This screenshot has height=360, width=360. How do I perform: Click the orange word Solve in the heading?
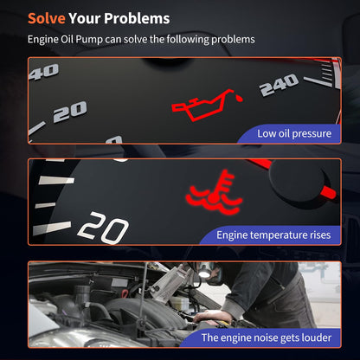click(47, 18)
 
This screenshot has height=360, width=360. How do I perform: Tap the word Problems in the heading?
click(137, 18)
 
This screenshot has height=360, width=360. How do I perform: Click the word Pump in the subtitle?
click(89, 40)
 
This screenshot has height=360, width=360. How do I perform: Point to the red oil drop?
click(239, 98)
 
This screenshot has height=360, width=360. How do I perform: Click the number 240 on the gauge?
click(279, 84)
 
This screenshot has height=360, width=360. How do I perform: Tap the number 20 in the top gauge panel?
click(70, 112)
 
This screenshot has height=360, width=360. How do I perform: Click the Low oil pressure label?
click(294, 133)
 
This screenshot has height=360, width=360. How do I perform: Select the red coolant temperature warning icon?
click(214, 193)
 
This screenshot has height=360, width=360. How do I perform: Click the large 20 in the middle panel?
click(103, 228)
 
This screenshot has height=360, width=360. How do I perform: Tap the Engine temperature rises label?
click(273, 235)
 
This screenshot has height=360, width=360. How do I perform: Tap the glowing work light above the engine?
click(204, 273)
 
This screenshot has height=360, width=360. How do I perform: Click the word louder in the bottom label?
click(316, 337)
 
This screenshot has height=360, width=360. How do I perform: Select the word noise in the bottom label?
click(262, 337)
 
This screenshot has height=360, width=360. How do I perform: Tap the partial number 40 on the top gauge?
click(44, 72)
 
